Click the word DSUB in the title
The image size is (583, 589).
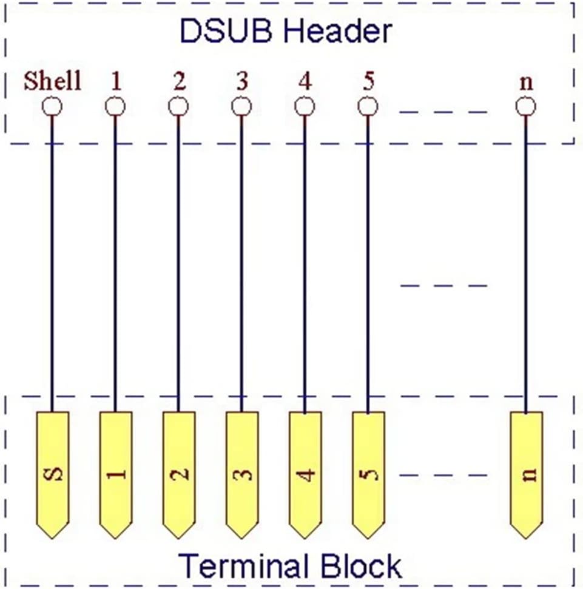(x=226, y=31)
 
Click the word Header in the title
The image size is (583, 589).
(x=337, y=31)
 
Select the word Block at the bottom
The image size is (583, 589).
(x=360, y=565)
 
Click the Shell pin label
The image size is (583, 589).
(x=52, y=81)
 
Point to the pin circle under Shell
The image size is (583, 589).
(x=52, y=107)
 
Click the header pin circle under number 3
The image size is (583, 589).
(x=241, y=107)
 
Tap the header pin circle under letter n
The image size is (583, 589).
(x=525, y=107)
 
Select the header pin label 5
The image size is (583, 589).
(x=368, y=81)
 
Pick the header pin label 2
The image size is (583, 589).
(x=179, y=81)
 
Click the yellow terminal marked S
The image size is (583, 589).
(x=52, y=475)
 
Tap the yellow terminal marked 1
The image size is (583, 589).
(x=115, y=475)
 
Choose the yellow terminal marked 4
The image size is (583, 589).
(x=305, y=475)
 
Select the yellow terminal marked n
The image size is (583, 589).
(x=526, y=475)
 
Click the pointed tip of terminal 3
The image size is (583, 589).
(x=242, y=539)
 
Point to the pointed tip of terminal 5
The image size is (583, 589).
(x=368, y=539)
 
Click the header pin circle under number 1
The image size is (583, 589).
(x=115, y=107)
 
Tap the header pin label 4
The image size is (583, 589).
(x=305, y=81)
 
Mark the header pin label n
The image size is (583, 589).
(x=526, y=83)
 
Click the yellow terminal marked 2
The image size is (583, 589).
(x=179, y=475)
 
